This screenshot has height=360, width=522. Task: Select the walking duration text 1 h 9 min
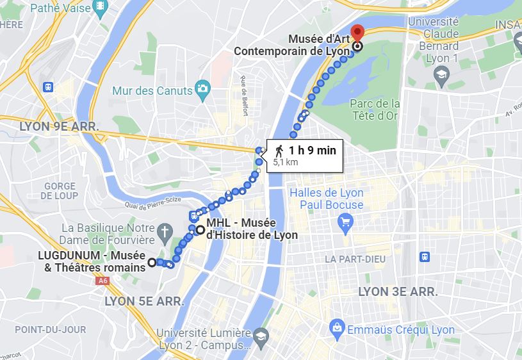[312, 151]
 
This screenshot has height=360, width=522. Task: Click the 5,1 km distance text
[286, 163]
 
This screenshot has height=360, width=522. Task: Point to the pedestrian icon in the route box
[279, 152]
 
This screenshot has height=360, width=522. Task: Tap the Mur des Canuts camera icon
[202, 90]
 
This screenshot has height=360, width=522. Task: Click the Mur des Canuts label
[152, 91]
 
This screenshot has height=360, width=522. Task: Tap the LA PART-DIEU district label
[356, 259]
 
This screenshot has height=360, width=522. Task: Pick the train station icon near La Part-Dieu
[424, 256]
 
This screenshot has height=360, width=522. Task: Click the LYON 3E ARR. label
[398, 291]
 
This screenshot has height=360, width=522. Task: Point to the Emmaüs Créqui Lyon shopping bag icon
[336, 329]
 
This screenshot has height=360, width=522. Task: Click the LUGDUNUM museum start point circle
[152, 262]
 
